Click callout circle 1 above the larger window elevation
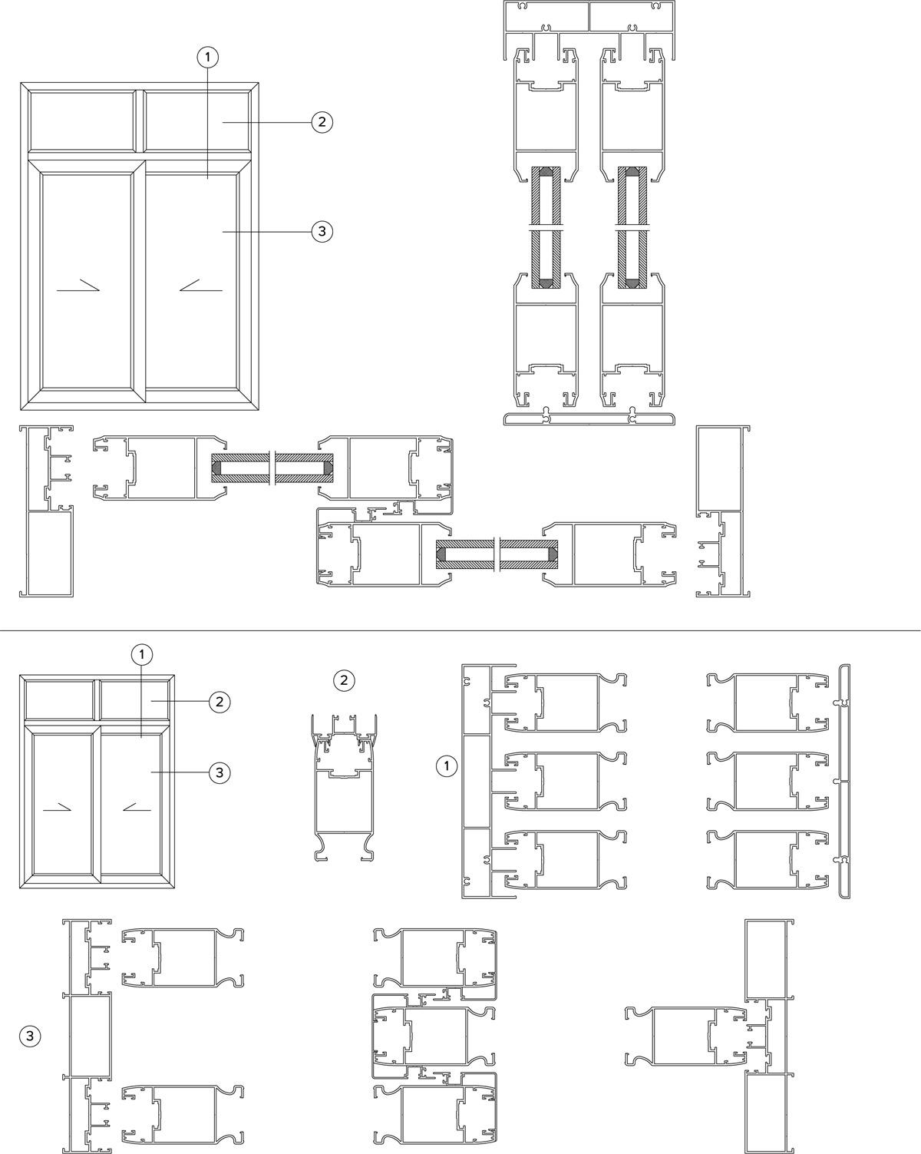coord(208,58)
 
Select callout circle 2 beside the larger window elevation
coord(322,122)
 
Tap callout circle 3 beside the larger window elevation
coord(322,232)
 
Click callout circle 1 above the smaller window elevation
coord(142,654)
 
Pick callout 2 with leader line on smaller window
coord(220,702)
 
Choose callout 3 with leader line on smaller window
coord(220,772)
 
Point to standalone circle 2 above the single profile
coord(344,680)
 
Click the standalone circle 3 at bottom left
coord(30,1036)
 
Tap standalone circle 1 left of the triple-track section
coord(447,766)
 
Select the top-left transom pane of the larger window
coord(82,121)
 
